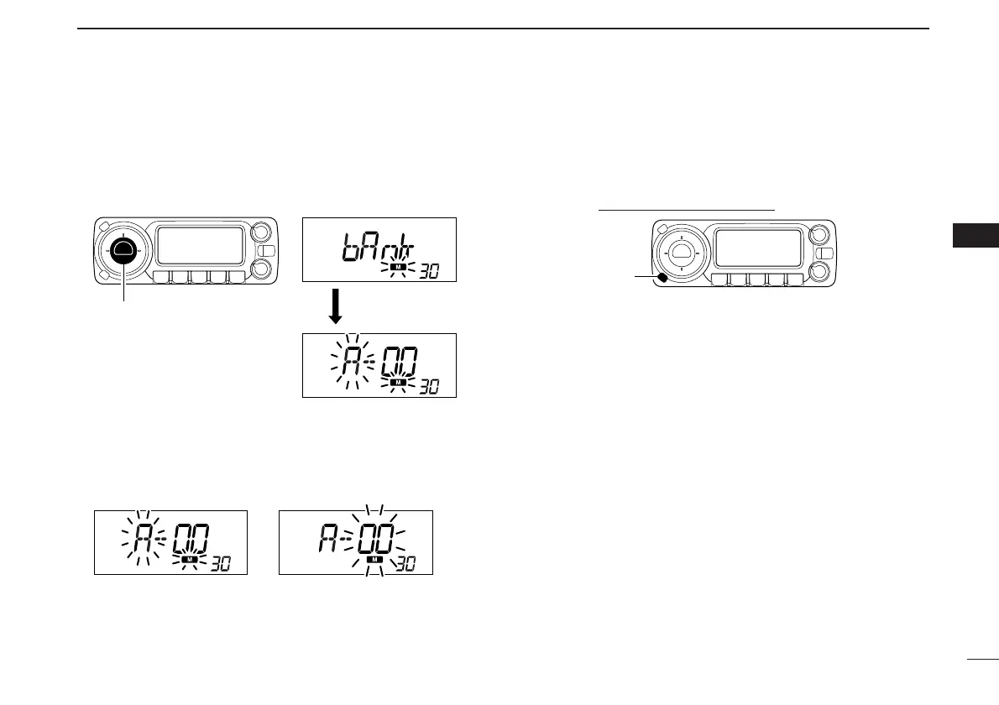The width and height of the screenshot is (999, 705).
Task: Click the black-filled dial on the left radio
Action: click(124, 249)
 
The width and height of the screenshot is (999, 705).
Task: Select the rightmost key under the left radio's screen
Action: click(236, 277)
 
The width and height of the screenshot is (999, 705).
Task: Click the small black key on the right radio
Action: click(662, 277)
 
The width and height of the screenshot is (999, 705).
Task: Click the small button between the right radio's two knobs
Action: click(826, 253)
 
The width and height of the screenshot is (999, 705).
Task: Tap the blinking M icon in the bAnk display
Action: click(400, 266)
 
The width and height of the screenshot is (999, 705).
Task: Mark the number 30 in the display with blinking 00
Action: click(405, 563)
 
